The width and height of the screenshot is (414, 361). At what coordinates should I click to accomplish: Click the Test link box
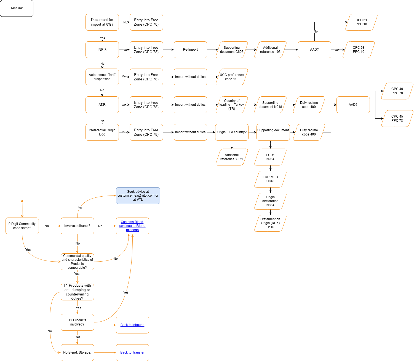pos(17,8)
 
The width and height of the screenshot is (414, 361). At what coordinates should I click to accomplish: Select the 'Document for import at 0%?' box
pos(102,22)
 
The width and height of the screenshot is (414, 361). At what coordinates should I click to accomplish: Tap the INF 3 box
pos(102,50)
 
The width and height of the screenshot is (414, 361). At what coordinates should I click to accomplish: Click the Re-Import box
pos(190,50)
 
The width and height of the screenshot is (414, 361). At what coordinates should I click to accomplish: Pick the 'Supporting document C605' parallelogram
pos(232,50)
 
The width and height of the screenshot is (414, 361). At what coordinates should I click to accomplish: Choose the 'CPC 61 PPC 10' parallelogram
pos(361,22)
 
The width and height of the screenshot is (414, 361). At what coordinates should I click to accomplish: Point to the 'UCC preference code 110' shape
pos(232,77)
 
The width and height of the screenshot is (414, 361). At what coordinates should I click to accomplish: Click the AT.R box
pos(102,105)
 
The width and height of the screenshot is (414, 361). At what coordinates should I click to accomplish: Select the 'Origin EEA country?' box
pos(232,132)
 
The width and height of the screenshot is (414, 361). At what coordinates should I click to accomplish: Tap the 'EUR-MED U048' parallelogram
pos(270,179)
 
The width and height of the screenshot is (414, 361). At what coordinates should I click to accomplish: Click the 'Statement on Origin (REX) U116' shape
pos(270,223)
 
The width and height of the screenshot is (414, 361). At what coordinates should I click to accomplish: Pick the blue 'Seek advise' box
pos(138,196)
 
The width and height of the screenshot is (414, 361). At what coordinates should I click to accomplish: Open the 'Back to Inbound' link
pos(132,325)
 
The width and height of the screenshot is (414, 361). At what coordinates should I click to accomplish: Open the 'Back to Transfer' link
pos(132,352)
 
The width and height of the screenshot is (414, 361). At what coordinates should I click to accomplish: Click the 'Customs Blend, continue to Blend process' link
pos(132,226)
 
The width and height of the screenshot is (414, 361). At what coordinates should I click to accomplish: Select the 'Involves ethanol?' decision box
pos(77,226)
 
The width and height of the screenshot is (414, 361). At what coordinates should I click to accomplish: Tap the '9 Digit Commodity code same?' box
pos(22,226)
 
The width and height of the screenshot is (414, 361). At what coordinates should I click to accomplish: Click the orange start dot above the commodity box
pos(22,201)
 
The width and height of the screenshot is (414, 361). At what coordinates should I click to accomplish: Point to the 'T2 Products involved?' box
pos(77,322)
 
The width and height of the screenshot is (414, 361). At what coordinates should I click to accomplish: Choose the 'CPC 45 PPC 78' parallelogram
pos(397,118)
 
